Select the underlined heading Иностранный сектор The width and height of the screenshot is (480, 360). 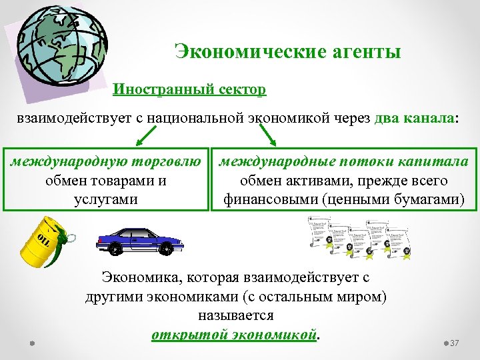pos(189,89)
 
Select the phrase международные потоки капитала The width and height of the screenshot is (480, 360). pos(344,161)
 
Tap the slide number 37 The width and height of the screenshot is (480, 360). pos(455,343)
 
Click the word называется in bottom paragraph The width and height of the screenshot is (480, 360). pos(236,313)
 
